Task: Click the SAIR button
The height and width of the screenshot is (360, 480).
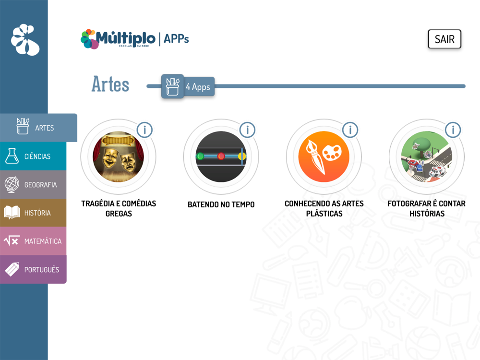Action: tap(444, 39)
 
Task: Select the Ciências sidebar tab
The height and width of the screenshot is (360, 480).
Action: tap(33, 156)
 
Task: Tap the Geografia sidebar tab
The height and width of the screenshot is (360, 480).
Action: tap(33, 185)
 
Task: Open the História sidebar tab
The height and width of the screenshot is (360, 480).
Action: tap(33, 213)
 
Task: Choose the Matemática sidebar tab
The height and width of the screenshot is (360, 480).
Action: tap(33, 241)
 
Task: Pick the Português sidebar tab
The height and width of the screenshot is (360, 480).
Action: tap(33, 269)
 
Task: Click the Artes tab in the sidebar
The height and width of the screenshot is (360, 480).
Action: tap(38, 128)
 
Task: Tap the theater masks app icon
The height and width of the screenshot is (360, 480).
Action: tap(118, 157)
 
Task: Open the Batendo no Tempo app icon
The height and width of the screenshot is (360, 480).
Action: tap(221, 157)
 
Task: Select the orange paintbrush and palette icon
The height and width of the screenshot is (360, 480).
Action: tap(324, 157)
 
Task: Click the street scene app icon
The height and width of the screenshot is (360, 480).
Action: tap(427, 157)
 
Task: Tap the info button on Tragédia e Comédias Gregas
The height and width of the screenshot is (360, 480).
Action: tap(144, 130)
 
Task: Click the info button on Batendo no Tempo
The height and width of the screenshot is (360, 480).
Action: tap(247, 130)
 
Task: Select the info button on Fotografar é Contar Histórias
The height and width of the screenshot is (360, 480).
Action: tap(453, 130)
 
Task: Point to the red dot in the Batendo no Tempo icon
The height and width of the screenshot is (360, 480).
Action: tap(221, 156)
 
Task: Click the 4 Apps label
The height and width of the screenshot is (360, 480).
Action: tap(198, 87)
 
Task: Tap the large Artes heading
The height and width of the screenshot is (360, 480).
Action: tap(110, 84)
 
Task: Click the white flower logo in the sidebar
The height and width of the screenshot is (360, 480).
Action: tap(25, 40)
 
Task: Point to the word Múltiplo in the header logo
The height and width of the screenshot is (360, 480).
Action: tap(125, 38)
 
